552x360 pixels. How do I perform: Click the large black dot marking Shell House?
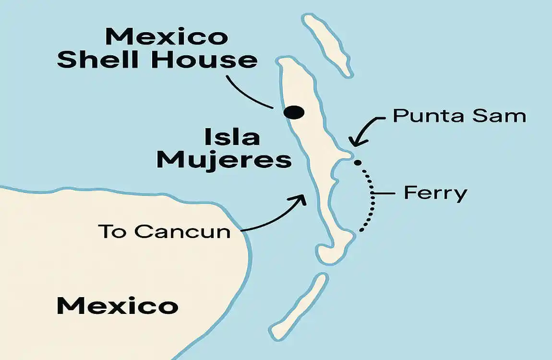(x=294, y=112)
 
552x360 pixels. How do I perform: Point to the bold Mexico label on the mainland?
(x=117, y=306)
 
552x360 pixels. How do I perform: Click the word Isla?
(x=232, y=137)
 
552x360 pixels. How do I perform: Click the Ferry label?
(x=435, y=193)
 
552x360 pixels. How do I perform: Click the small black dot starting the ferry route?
(x=357, y=162)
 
